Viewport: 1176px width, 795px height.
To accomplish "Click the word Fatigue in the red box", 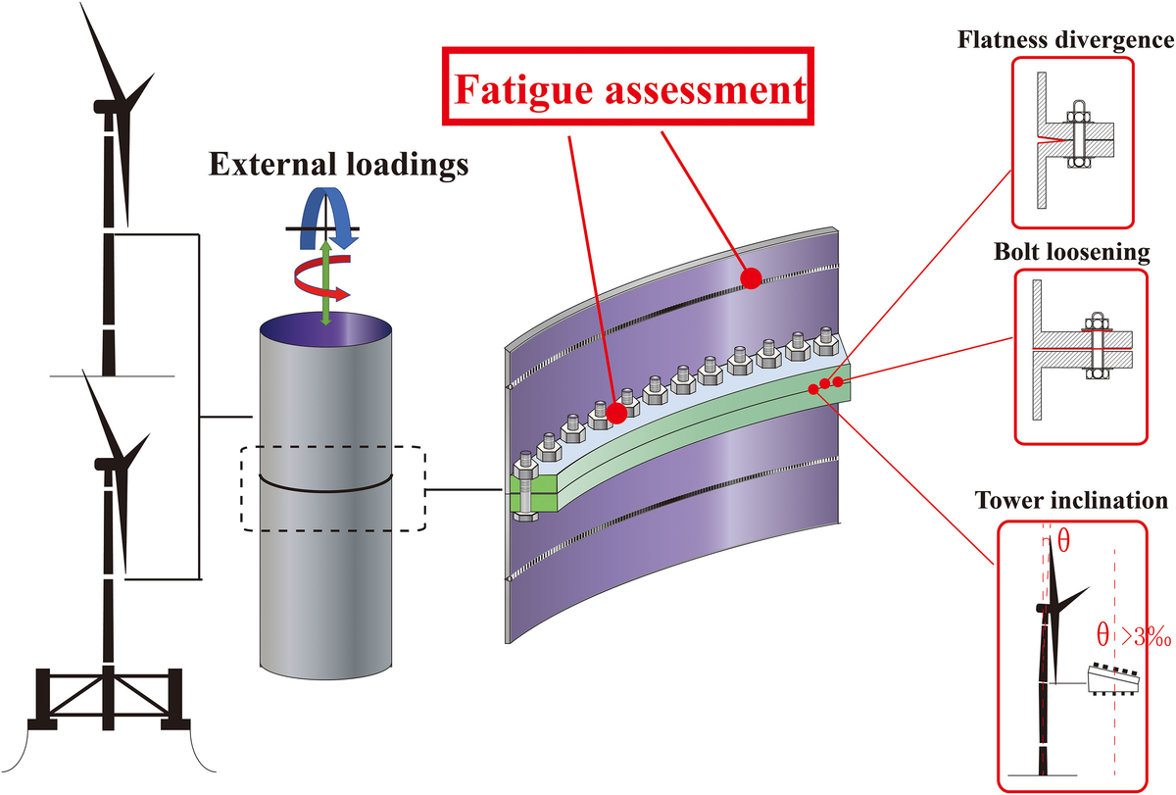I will pos(530,92).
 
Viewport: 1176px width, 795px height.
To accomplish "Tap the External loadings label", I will pos(338,165).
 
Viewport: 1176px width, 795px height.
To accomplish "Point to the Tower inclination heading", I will pos(1071,501).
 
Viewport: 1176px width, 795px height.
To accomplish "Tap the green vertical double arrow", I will pos(325,284).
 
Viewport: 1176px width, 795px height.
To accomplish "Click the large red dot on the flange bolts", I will pos(616,413).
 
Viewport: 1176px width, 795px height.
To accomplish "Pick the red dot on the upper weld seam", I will pos(751,279).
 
